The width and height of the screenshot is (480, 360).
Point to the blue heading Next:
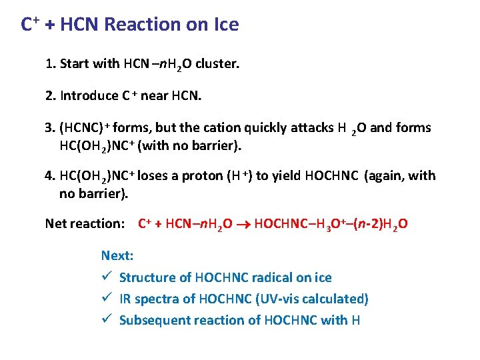coord(117,255)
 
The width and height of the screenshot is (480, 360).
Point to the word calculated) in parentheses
coord(338,299)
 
